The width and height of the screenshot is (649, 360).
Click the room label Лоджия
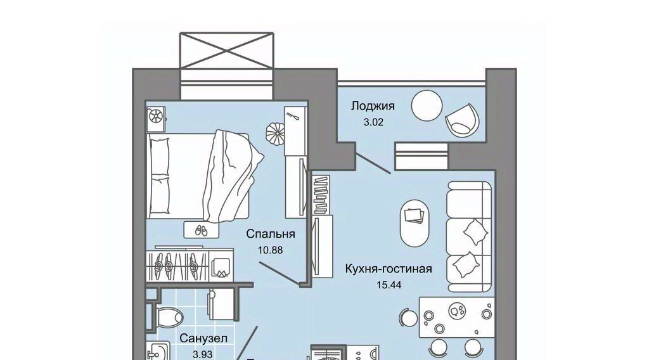(x=373, y=106)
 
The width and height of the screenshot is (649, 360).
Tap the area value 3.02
(x=373, y=122)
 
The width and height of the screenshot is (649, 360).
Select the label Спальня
(x=270, y=234)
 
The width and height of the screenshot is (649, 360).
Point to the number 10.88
(x=270, y=250)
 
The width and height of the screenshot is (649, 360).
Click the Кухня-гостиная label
(x=389, y=269)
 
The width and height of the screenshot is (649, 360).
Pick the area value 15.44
(x=389, y=285)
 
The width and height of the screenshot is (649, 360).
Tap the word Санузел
(x=203, y=338)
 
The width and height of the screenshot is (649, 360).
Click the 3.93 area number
(x=203, y=355)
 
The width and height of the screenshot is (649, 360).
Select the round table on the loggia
(x=427, y=106)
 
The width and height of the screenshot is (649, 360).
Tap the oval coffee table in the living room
(x=414, y=224)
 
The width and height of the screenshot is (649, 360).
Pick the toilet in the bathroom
(x=167, y=318)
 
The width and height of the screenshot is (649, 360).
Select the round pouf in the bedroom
(x=275, y=133)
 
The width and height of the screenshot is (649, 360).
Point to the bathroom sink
(x=157, y=351)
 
